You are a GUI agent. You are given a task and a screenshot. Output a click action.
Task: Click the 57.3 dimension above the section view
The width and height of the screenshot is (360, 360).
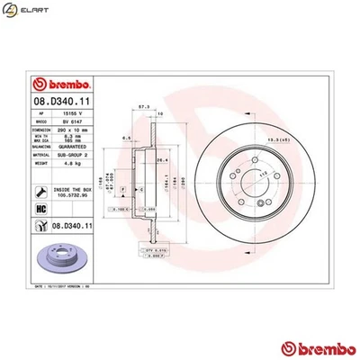click(x=142, y=105)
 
